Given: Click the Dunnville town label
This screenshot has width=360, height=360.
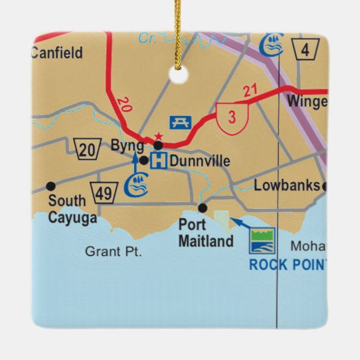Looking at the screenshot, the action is [x=200, y=162].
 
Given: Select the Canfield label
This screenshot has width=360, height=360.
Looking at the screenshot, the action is [x=56, y=53].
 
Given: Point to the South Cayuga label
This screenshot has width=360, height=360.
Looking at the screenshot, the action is [x=72, y=209].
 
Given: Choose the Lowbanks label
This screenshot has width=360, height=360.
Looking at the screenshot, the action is [x=287, y=186].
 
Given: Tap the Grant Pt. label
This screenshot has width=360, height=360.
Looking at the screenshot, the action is [x=113, y=252].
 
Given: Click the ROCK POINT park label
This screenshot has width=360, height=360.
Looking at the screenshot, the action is [x=287, y=264].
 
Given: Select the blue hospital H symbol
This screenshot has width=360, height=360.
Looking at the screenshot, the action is [x=159, y=162].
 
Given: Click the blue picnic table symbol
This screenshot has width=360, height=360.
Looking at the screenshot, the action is [x=180, y=122].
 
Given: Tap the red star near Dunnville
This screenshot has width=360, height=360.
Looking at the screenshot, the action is [x=158, y=136].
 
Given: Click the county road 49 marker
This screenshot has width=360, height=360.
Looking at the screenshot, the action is [x=104, y=192].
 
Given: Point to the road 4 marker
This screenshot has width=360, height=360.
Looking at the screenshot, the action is [x=305, y=49].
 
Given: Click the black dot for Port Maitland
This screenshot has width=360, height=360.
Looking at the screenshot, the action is [x=202, y=208].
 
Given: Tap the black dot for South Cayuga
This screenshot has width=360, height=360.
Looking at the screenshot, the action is [x=51, y=186].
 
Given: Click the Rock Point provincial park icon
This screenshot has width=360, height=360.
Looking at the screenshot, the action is [x=262, y=240].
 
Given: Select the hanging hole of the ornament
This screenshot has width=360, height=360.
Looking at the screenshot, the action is [x=179, y=75].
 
